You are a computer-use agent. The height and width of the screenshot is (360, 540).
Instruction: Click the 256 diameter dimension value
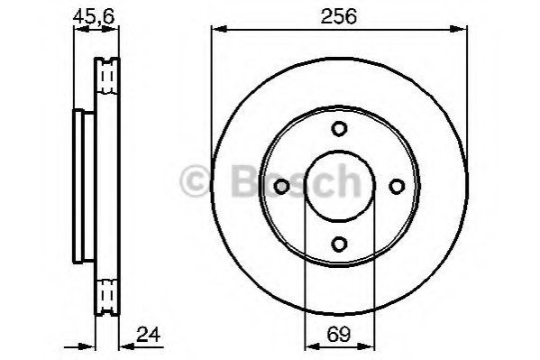[x=339, y=16]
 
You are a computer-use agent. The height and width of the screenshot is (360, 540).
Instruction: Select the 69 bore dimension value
[x=339, y=334]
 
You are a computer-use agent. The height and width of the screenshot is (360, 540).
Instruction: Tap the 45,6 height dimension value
[x=94, y=16]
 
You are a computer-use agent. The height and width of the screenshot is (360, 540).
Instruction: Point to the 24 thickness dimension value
[x=149, y=335]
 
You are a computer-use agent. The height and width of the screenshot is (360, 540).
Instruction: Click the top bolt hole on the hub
[x=339, y=129]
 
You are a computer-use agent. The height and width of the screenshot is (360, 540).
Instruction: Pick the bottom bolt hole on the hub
[x=339, y=245]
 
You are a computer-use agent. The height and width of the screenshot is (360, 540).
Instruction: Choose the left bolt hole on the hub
[x=281, y=187]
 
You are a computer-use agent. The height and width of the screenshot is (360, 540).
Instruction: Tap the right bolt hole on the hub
[x=397, y=187]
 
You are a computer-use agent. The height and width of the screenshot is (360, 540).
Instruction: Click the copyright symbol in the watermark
[x=195, y=180]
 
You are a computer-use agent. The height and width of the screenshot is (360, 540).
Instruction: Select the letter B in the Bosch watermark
[x=245, y=180]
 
